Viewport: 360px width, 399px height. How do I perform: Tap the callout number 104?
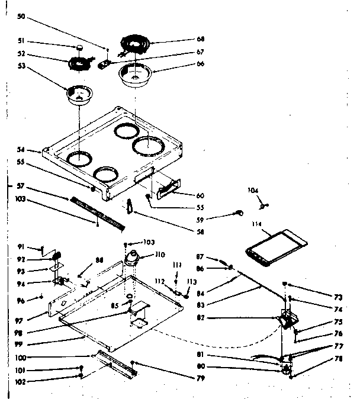coord(253,190)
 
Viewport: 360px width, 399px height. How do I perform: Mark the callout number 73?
coord(338,296)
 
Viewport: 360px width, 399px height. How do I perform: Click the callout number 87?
coord(201,256)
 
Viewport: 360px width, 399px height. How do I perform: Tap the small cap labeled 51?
coord(79,47)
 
